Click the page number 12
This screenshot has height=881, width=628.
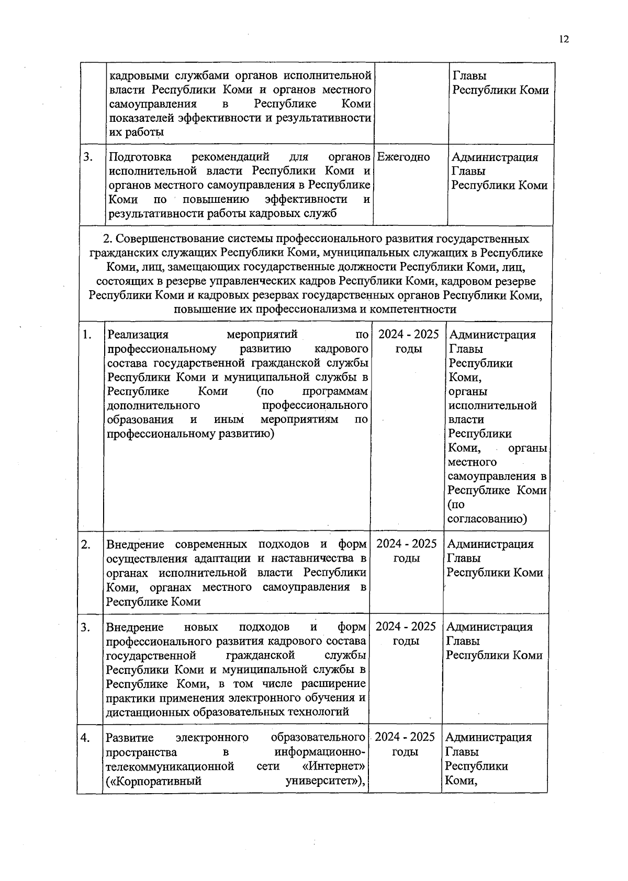[x=563, y=39]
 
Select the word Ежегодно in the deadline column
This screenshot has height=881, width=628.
[x=403, y=157]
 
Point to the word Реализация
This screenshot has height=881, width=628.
[x=138, y=335]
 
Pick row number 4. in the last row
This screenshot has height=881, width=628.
[x=85, y=738]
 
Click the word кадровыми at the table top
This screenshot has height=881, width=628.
[x=138, y=75]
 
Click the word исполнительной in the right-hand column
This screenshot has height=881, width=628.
[x=492, y=405]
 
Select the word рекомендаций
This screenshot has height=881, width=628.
[x=230, y=157]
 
